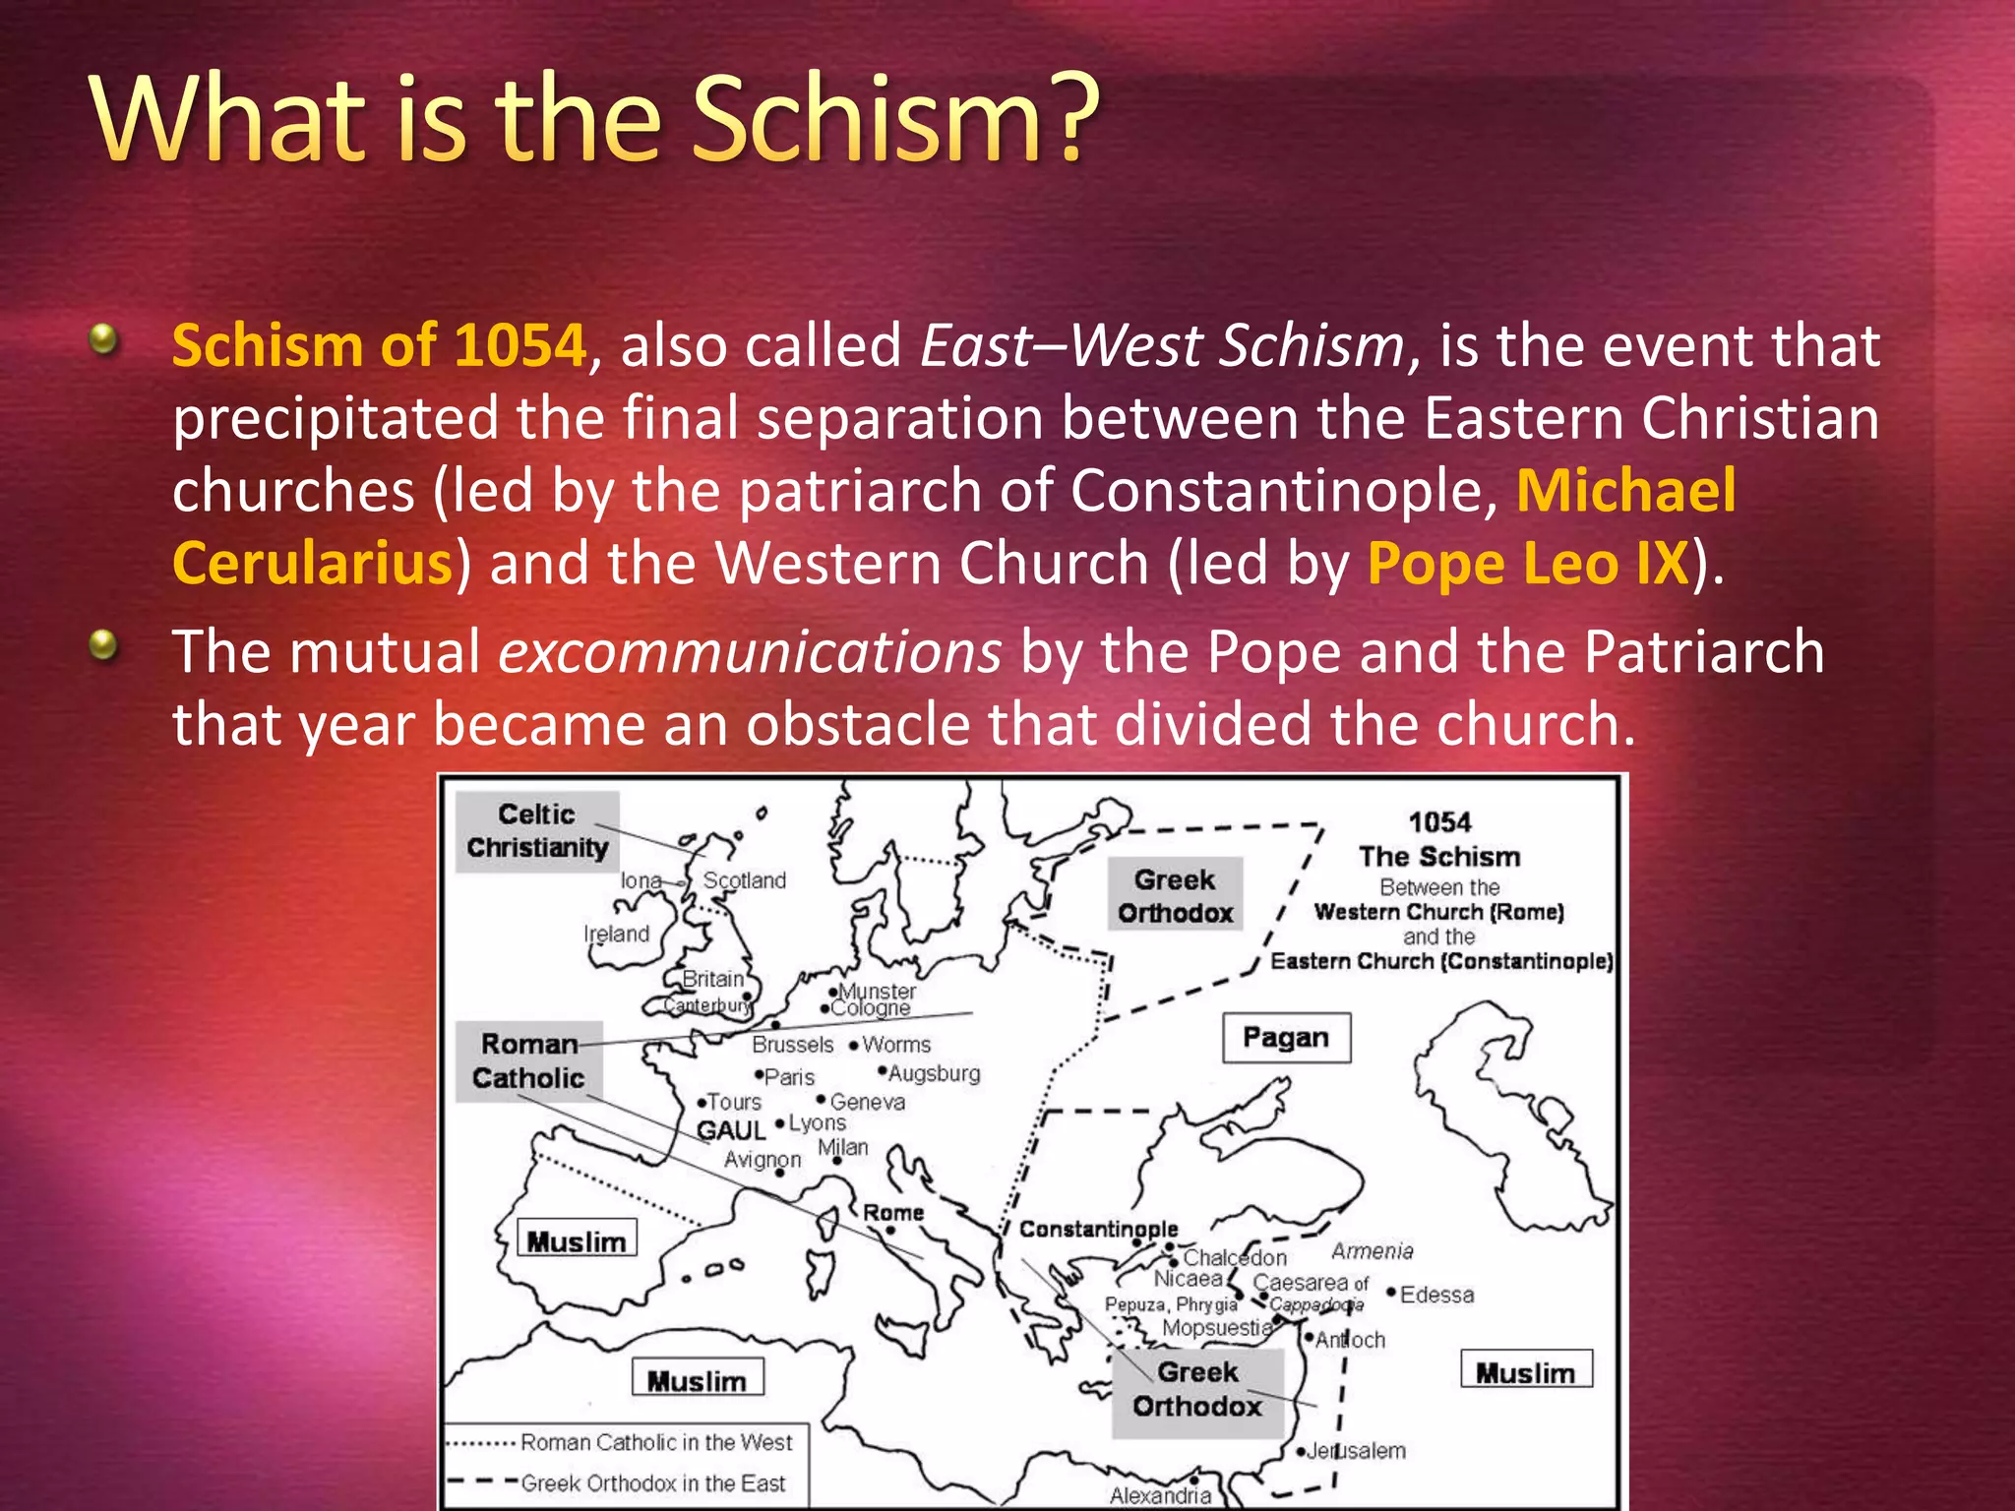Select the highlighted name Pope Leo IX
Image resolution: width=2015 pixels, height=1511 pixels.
pyautogui.click(x=1527, y=564)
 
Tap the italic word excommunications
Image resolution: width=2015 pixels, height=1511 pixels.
pyautogui.click(x=750, y=652)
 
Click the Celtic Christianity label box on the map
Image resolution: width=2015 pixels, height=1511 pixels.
pyautogui.click(x=537, y=831)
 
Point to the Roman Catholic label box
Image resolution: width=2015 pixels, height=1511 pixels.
pyautogui.click(x=528, y=1061)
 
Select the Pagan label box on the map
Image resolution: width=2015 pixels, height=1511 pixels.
pyautogui.click(x=1285, y=1038)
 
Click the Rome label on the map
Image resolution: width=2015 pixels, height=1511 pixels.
pyautogui.click(x=893, y=1213)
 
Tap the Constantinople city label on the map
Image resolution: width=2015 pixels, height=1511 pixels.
pyautogui.click(x=1098, y=1229)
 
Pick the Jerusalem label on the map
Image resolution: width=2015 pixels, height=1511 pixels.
pyautogui.click(x=1356, y=1451)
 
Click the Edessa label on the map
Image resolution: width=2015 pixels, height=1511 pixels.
pyautogui.click(x=1436, y=1295)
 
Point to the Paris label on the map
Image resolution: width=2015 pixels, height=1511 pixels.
pyautogui.click(x=789, y=1077)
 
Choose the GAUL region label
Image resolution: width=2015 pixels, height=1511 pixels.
pyautogui.click(x=730, y=1131)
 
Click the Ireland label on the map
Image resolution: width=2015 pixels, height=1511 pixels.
pyautogui.click(x=617, y=934)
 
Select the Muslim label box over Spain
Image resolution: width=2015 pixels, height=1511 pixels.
pyautogui.click(x=577, y=1241)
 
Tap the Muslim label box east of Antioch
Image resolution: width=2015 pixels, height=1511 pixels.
pyautogui.click(x=1525, y=1372)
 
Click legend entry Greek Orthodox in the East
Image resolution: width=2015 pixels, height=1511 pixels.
pyautogui.click(x=653, y=1483)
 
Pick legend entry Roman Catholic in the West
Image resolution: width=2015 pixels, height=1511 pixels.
pyautogui.click(x=656, y=1442)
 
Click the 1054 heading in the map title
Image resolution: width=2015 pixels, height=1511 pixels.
pyautogui.click(x=1439, y=822)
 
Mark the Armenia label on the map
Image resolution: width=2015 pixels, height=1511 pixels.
pyautogui.click(x=1372, y=1251)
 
